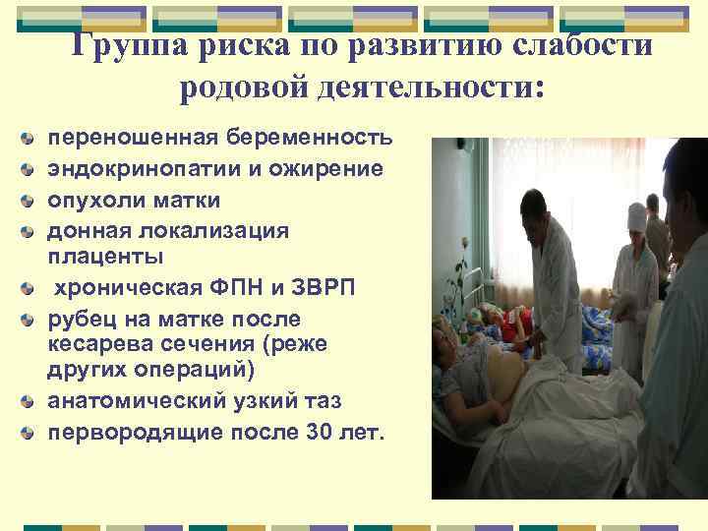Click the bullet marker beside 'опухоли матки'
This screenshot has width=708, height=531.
pyautogui.click(x=35, y=200)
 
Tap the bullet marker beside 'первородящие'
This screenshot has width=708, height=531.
pyautogui.click(x=35, y=432)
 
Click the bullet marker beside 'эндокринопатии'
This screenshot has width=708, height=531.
pyautogui.click(x=35, y=168)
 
